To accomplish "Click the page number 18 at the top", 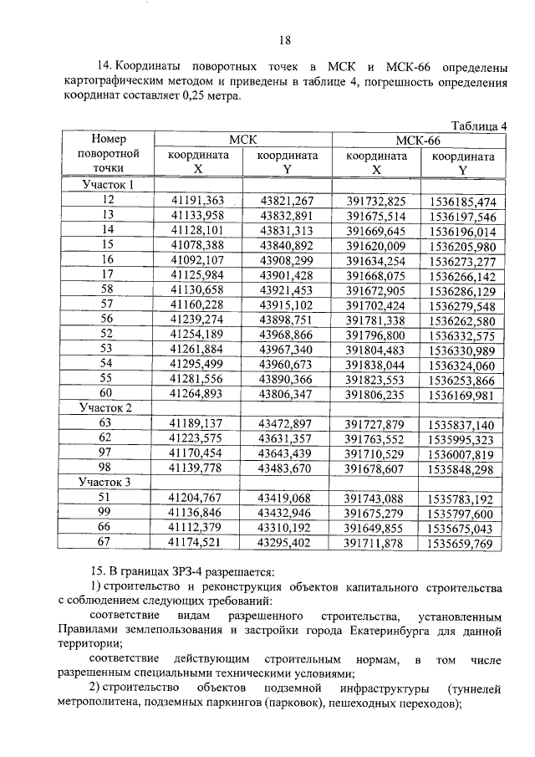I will pyautogui.click(x=284, y=41).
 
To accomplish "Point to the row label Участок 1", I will pyautogui.click(x=106, y=185).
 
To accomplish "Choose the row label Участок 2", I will pyautogui.click(x=106, y=407).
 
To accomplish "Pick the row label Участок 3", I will pyautogui.click(x=106, y=483).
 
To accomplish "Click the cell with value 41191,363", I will pyautogui.click(x=197, y=200).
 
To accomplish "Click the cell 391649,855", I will pyautogui.click(x=376, y=527).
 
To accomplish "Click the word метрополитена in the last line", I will pyautogui.click(x=98, y=703).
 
